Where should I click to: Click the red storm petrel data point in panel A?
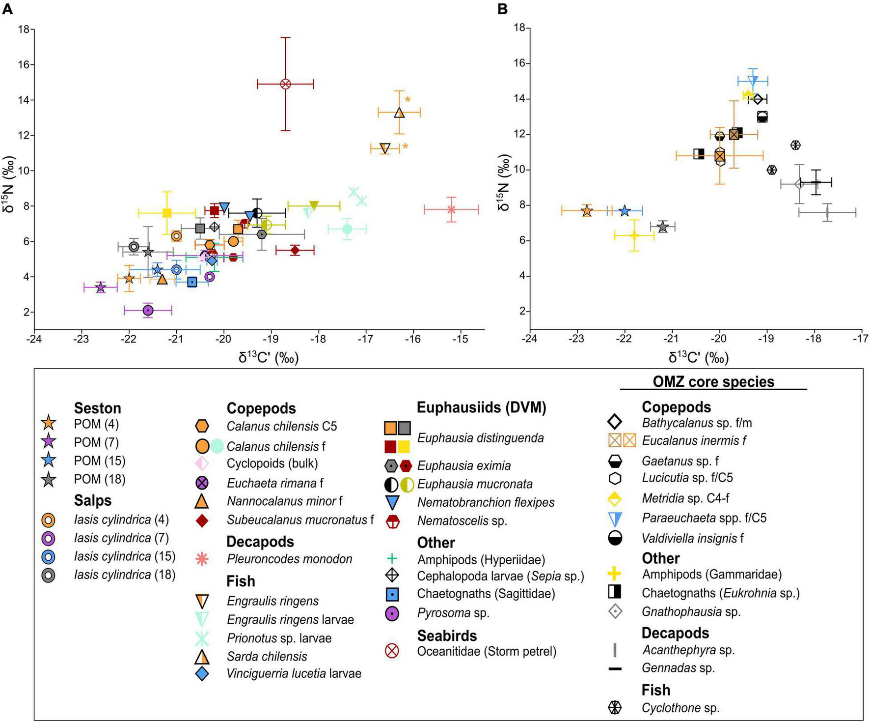click(285, 84)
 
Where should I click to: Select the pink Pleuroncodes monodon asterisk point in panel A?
click(451, 210)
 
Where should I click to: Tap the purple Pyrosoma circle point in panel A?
click(148, 310)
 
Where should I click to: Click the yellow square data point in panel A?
click(167, 213)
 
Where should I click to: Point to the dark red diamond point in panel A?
click(295, 250)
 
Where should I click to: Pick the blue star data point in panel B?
click(625, 211)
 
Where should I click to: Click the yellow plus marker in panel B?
click(634, 235)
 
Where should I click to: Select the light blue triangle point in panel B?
click(753, 81)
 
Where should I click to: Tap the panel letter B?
click(502, 9)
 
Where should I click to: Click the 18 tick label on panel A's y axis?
click(23, 29)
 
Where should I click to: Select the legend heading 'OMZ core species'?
click(713, 382)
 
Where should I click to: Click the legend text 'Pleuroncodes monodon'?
click(289, 559)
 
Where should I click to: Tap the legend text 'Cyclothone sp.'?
click(680, 708)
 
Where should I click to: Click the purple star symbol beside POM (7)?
click(49, 442)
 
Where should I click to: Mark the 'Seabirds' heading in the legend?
click(447, 635)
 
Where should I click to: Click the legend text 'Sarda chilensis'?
click(267, 657)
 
